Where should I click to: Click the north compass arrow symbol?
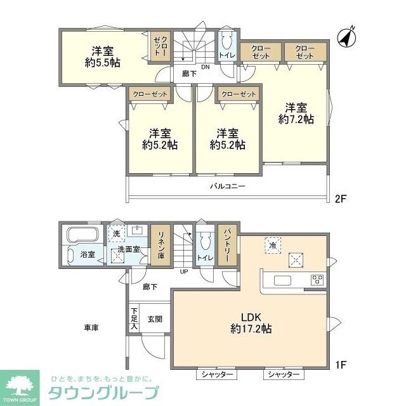click(346, 37)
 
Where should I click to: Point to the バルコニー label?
click(228, 187)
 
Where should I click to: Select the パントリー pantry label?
click(226, 246)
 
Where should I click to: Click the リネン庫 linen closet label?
click(162, 245)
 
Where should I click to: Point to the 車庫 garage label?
click(90, 328)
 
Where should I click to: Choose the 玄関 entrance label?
click(155, 319)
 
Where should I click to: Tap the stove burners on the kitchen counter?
click(317, 280)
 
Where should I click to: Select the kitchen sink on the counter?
click(281, 280)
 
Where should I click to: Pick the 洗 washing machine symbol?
click(116, 233)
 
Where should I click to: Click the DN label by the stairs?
click(206, 67)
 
